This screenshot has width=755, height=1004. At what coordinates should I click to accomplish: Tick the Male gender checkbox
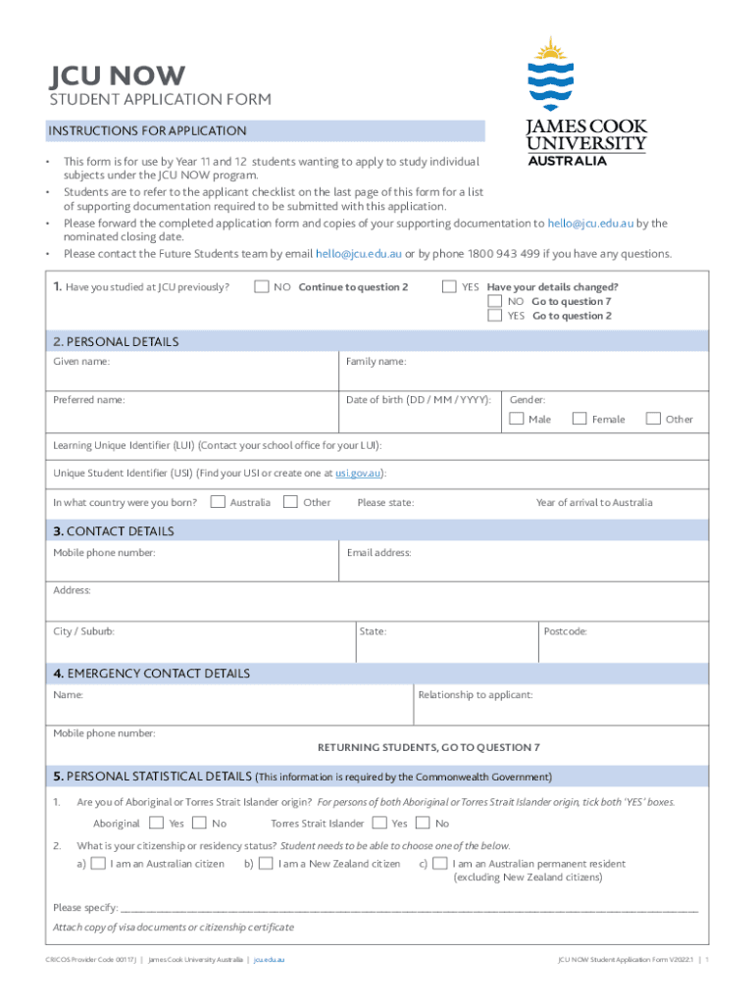517,419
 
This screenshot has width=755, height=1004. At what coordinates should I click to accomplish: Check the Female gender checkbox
579,419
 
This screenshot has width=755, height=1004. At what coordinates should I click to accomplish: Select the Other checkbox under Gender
653,419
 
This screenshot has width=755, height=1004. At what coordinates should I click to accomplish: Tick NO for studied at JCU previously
261,287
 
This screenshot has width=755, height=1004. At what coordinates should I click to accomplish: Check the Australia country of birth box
218,502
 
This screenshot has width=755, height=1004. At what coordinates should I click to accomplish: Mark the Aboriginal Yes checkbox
157,824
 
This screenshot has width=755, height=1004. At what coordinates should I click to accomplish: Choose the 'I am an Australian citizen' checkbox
98,864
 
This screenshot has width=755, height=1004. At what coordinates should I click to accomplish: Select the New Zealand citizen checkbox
266,864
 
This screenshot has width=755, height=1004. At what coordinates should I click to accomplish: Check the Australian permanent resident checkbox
440,864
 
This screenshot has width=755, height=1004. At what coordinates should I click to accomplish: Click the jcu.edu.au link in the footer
269,959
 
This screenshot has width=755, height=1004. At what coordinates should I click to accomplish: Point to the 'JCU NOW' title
117,76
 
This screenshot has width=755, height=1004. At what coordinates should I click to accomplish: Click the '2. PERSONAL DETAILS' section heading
116,342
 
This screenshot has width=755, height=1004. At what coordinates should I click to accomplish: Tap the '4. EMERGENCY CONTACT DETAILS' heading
151,674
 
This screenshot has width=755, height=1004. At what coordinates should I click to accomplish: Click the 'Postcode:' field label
565,631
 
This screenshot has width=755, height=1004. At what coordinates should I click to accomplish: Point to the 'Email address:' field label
378,553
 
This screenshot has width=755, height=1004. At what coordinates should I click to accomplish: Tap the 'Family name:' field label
376,362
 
